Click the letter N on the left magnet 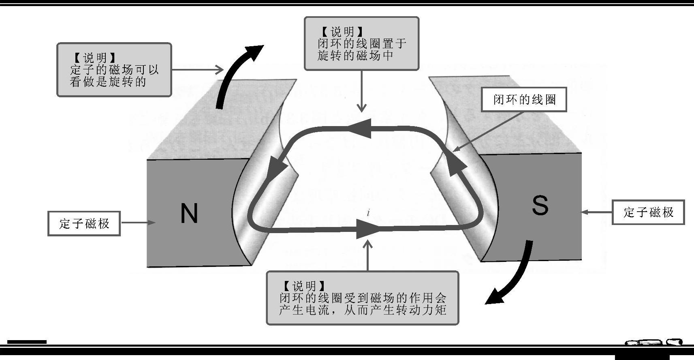(189, 213)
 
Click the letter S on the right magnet (540, 206)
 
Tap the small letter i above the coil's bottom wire (368, 212)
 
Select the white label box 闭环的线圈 (524, 100)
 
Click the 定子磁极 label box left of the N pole (84, 223)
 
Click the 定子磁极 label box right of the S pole (648, 212)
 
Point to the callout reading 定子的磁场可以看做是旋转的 (114, 70)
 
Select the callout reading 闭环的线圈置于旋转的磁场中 (361, 44)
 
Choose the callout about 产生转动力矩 (363, 298)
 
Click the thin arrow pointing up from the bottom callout (368, 255)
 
